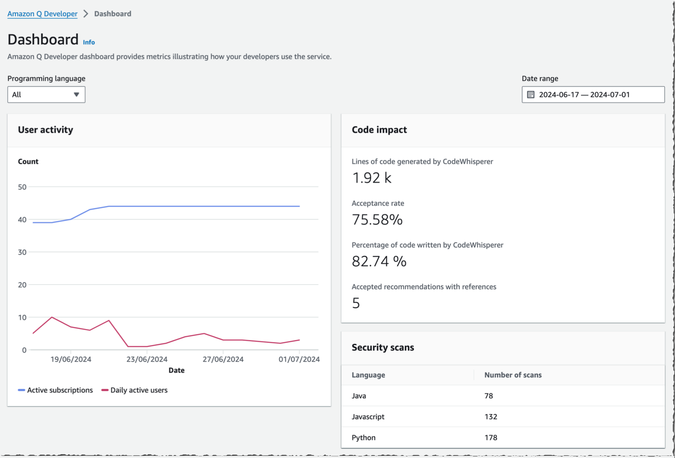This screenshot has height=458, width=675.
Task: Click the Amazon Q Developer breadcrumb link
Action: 42,14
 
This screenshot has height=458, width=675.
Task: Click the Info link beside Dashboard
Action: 89,42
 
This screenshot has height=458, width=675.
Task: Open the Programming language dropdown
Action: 46,94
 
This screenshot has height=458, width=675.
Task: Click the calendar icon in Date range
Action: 531,94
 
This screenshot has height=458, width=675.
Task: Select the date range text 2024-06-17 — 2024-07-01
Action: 584,94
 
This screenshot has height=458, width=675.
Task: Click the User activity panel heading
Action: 45,130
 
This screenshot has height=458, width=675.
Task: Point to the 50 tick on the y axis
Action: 22,187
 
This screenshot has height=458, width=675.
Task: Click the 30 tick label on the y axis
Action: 22,252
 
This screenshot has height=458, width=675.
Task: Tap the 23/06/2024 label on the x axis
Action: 147,359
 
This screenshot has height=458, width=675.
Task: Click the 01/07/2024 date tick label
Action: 299,359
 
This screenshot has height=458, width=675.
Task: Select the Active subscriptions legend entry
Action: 55,390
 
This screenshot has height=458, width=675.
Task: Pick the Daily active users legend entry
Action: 135,390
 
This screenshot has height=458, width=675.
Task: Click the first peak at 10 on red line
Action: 52,317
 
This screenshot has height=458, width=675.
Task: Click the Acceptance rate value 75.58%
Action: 377,219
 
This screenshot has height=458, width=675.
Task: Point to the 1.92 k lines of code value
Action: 371,178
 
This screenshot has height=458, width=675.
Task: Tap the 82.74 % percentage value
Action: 379,261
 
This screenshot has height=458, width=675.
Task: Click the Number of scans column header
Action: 512,375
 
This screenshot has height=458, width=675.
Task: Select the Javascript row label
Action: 368,417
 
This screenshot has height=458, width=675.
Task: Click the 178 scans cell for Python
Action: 490,437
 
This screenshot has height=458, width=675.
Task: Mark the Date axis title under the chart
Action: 176,370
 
